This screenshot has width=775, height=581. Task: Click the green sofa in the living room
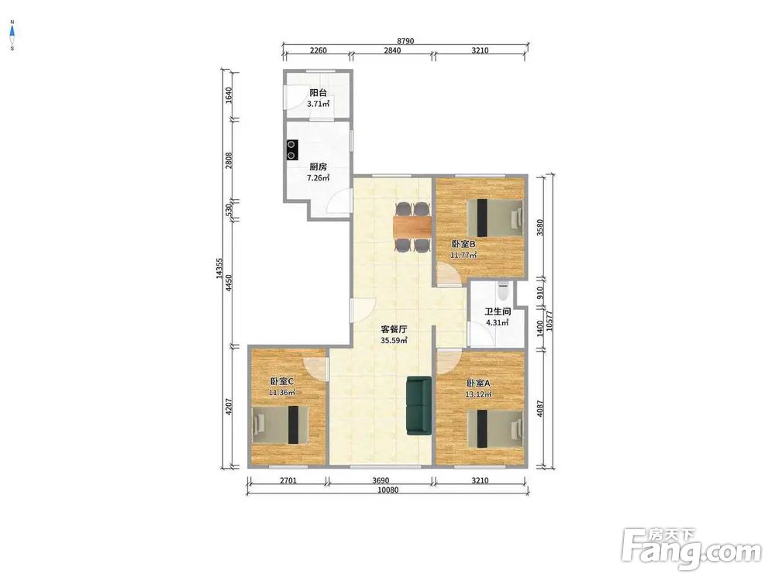419,406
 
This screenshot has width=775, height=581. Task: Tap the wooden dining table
412,227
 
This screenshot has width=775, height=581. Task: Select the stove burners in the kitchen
292,150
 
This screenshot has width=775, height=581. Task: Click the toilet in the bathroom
503,291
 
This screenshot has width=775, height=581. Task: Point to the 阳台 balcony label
318,92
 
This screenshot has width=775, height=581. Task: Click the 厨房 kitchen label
318,167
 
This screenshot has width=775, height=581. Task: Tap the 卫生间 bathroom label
498,311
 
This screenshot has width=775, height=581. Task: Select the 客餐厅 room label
394,329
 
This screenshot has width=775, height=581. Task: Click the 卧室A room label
478,383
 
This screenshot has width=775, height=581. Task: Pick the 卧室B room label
463,244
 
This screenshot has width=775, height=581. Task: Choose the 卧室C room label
282,381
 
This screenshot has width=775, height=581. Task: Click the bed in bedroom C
280,425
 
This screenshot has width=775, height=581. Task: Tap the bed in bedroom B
494,218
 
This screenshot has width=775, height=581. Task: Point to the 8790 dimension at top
405,41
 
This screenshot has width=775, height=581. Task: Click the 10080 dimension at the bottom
387,490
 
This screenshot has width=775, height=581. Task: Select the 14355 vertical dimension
219,270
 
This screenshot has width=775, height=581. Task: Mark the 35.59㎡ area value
394,340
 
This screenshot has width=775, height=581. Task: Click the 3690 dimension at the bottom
381,480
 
